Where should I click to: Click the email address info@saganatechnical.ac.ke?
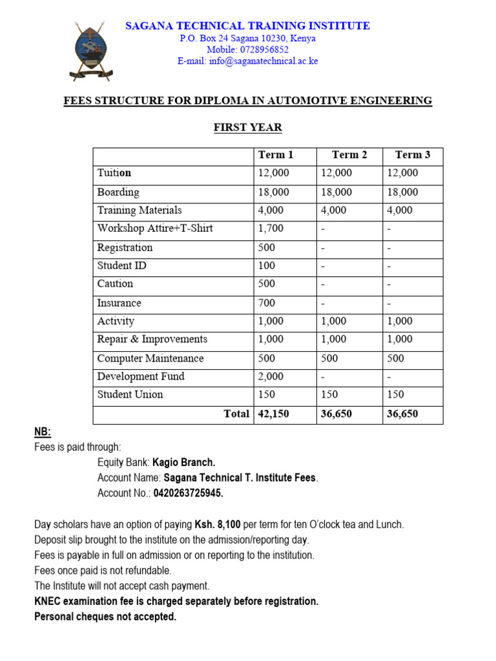[x=247, y=61]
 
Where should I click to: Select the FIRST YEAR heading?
[x=247, y=127]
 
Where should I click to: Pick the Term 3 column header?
[x=413, y=155]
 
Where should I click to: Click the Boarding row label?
[x=118, y=192]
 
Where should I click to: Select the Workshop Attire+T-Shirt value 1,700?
[x=271, y=229]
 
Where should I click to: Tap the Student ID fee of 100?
[x=266, y=266]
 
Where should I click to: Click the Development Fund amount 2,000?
[x=271, y=376]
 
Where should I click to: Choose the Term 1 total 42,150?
[x=274, y=414]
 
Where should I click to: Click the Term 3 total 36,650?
[x=402, y=414]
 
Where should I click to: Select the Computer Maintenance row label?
[x=150, y=358]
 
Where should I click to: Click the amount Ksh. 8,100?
[x=216, y=524]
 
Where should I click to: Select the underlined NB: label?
[x=43, y=432]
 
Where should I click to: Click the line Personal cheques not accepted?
[x=105, y=616]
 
